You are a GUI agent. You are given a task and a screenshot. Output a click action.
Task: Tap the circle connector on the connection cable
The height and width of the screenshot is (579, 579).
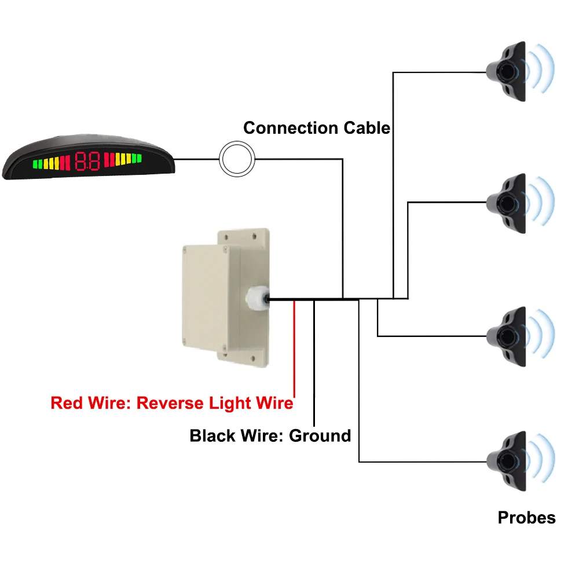237,157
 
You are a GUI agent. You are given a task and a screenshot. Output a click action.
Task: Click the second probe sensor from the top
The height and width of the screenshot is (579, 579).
507,203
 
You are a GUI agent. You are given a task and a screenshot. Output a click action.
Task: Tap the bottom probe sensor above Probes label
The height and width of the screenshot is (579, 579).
507,462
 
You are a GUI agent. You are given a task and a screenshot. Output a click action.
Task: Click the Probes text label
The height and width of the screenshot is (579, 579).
526,517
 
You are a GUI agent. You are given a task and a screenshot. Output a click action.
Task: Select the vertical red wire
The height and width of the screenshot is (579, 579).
295,347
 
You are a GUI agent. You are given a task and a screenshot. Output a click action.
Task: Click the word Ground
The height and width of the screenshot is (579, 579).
320,435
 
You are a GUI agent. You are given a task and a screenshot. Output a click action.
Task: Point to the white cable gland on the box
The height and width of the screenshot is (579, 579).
255,299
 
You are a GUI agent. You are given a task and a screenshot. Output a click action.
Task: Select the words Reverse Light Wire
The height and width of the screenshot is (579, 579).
215,403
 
